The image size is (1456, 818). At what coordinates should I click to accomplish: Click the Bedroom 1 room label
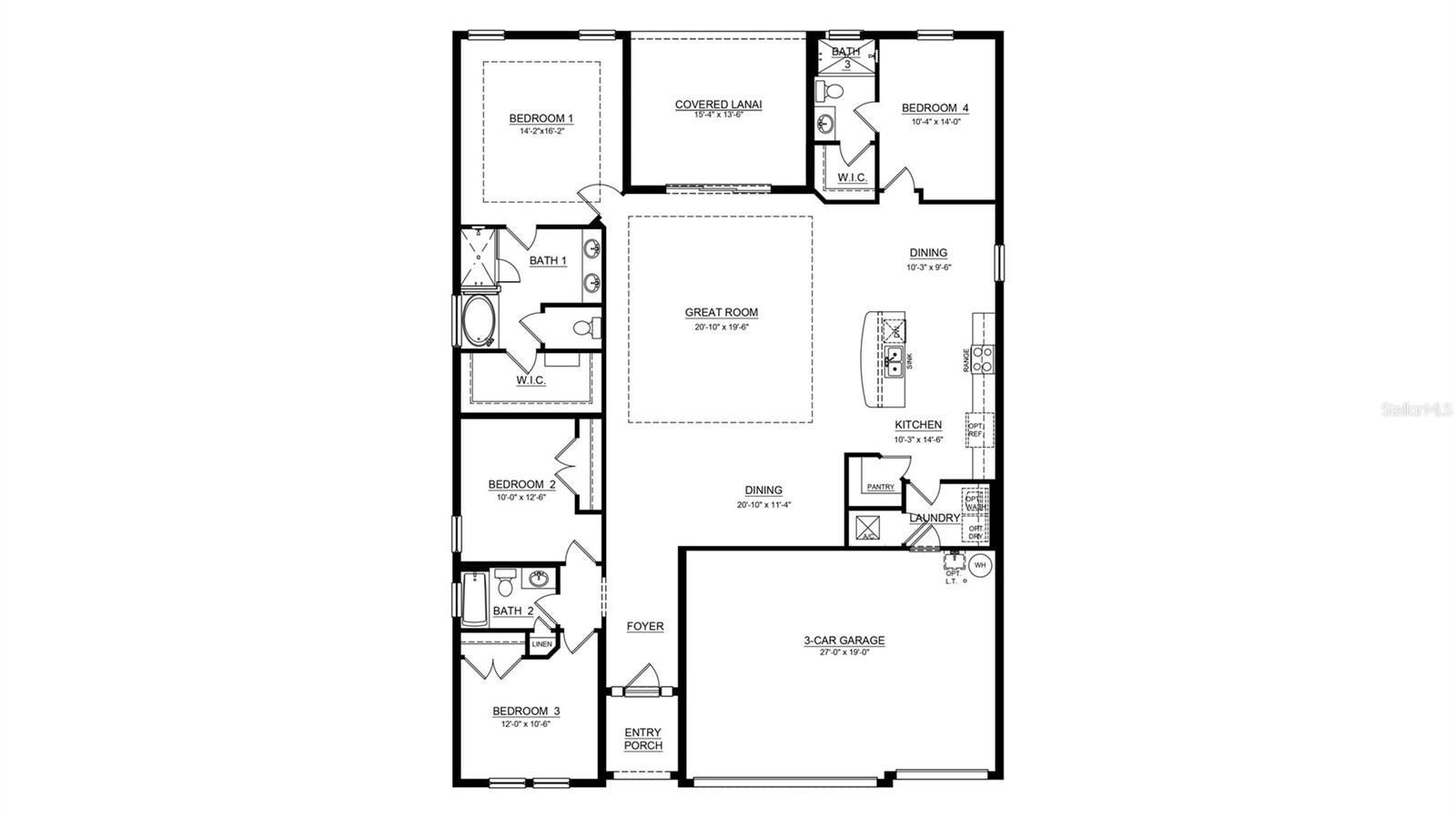click(541, 118)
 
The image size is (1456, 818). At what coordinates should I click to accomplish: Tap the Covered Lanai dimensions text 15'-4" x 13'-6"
click(718, 116)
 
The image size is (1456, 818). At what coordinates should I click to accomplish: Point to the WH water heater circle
click(980, 566)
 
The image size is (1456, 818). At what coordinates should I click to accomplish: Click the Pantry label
click(880, 487)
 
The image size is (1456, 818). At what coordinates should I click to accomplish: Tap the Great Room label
click(721, 312)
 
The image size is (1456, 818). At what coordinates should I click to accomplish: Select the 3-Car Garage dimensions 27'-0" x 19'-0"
click(844, 652)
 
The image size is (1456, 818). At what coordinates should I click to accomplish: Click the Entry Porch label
click(642, 739)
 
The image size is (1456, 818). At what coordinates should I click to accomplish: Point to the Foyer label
click(644, 626)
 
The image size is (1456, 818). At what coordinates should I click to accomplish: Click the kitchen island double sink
click(894, 365)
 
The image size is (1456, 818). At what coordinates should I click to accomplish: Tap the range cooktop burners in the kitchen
click(982, 359)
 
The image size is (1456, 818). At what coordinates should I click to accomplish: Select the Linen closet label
click(541, 644)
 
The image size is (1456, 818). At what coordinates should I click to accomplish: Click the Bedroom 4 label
click(935, 108)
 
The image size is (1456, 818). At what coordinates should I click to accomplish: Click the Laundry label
click(935, 518)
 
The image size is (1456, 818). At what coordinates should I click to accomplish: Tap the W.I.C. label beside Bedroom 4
click(851, 177)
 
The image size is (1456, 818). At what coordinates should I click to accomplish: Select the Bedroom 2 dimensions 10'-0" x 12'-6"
click(521, 498)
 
